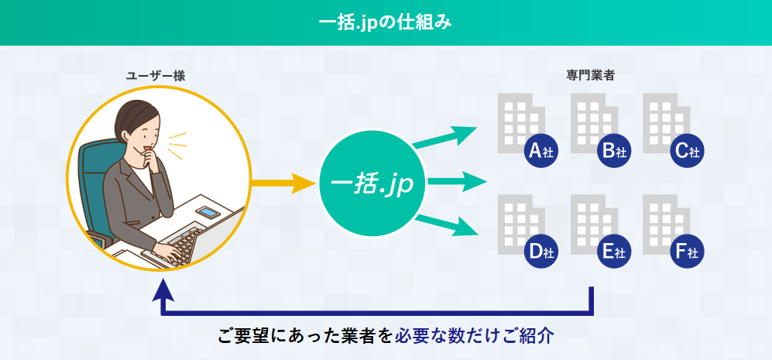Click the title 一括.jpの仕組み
click(386, 22)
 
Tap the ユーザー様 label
click(156, 76)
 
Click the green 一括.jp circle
click(372, 183)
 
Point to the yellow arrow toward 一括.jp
click(283, 183)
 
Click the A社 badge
click(541, 151)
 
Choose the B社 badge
click(614, 151)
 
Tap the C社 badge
click(687, 151)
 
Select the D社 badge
click(541, 252)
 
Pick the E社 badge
click(614, 252)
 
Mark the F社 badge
click(687, 252)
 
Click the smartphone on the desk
click(208, 212)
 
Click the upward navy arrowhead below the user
click(163, 290)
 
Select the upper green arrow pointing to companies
click(445, 136)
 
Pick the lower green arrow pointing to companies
click(446, 225)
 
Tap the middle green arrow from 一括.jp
click(456, 182)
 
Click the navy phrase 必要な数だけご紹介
click(475, 336)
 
